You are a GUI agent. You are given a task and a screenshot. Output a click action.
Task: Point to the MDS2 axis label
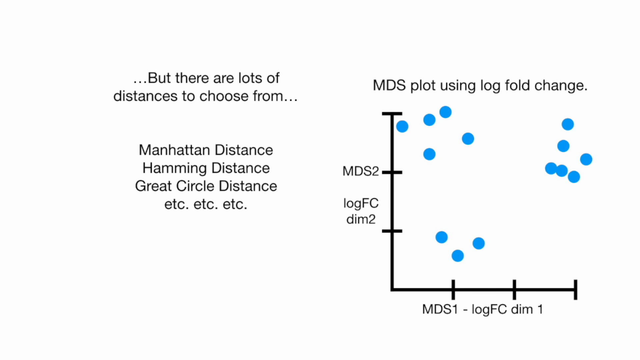click(x=361, y=171)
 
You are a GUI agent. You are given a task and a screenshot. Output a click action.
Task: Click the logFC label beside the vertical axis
click(x=361, y=203)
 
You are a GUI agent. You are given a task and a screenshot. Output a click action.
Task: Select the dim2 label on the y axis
click(x=361, y=219)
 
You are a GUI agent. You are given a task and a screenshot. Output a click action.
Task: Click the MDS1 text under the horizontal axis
click(x=440, y=309)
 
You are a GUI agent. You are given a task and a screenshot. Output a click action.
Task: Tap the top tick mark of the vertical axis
click(x=392, y=114)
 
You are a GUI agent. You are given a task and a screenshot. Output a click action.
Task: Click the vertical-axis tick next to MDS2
click(x=392, y=172)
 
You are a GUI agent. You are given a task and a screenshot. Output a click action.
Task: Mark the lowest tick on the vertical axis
click(x=392, y=231)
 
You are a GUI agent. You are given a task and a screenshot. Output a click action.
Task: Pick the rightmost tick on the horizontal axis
click(x=576, y=289)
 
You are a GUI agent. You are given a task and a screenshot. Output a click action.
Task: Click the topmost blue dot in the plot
click(x=446, y=112)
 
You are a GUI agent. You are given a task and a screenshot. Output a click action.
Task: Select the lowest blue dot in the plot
click(x=458, y=256)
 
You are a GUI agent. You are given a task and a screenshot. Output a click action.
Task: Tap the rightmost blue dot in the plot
click(x=586, y=159)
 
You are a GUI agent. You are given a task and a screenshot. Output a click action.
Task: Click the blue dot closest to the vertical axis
click(x=402, y=126)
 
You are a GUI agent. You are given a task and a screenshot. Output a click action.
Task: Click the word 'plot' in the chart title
click(x=423, y=86)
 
